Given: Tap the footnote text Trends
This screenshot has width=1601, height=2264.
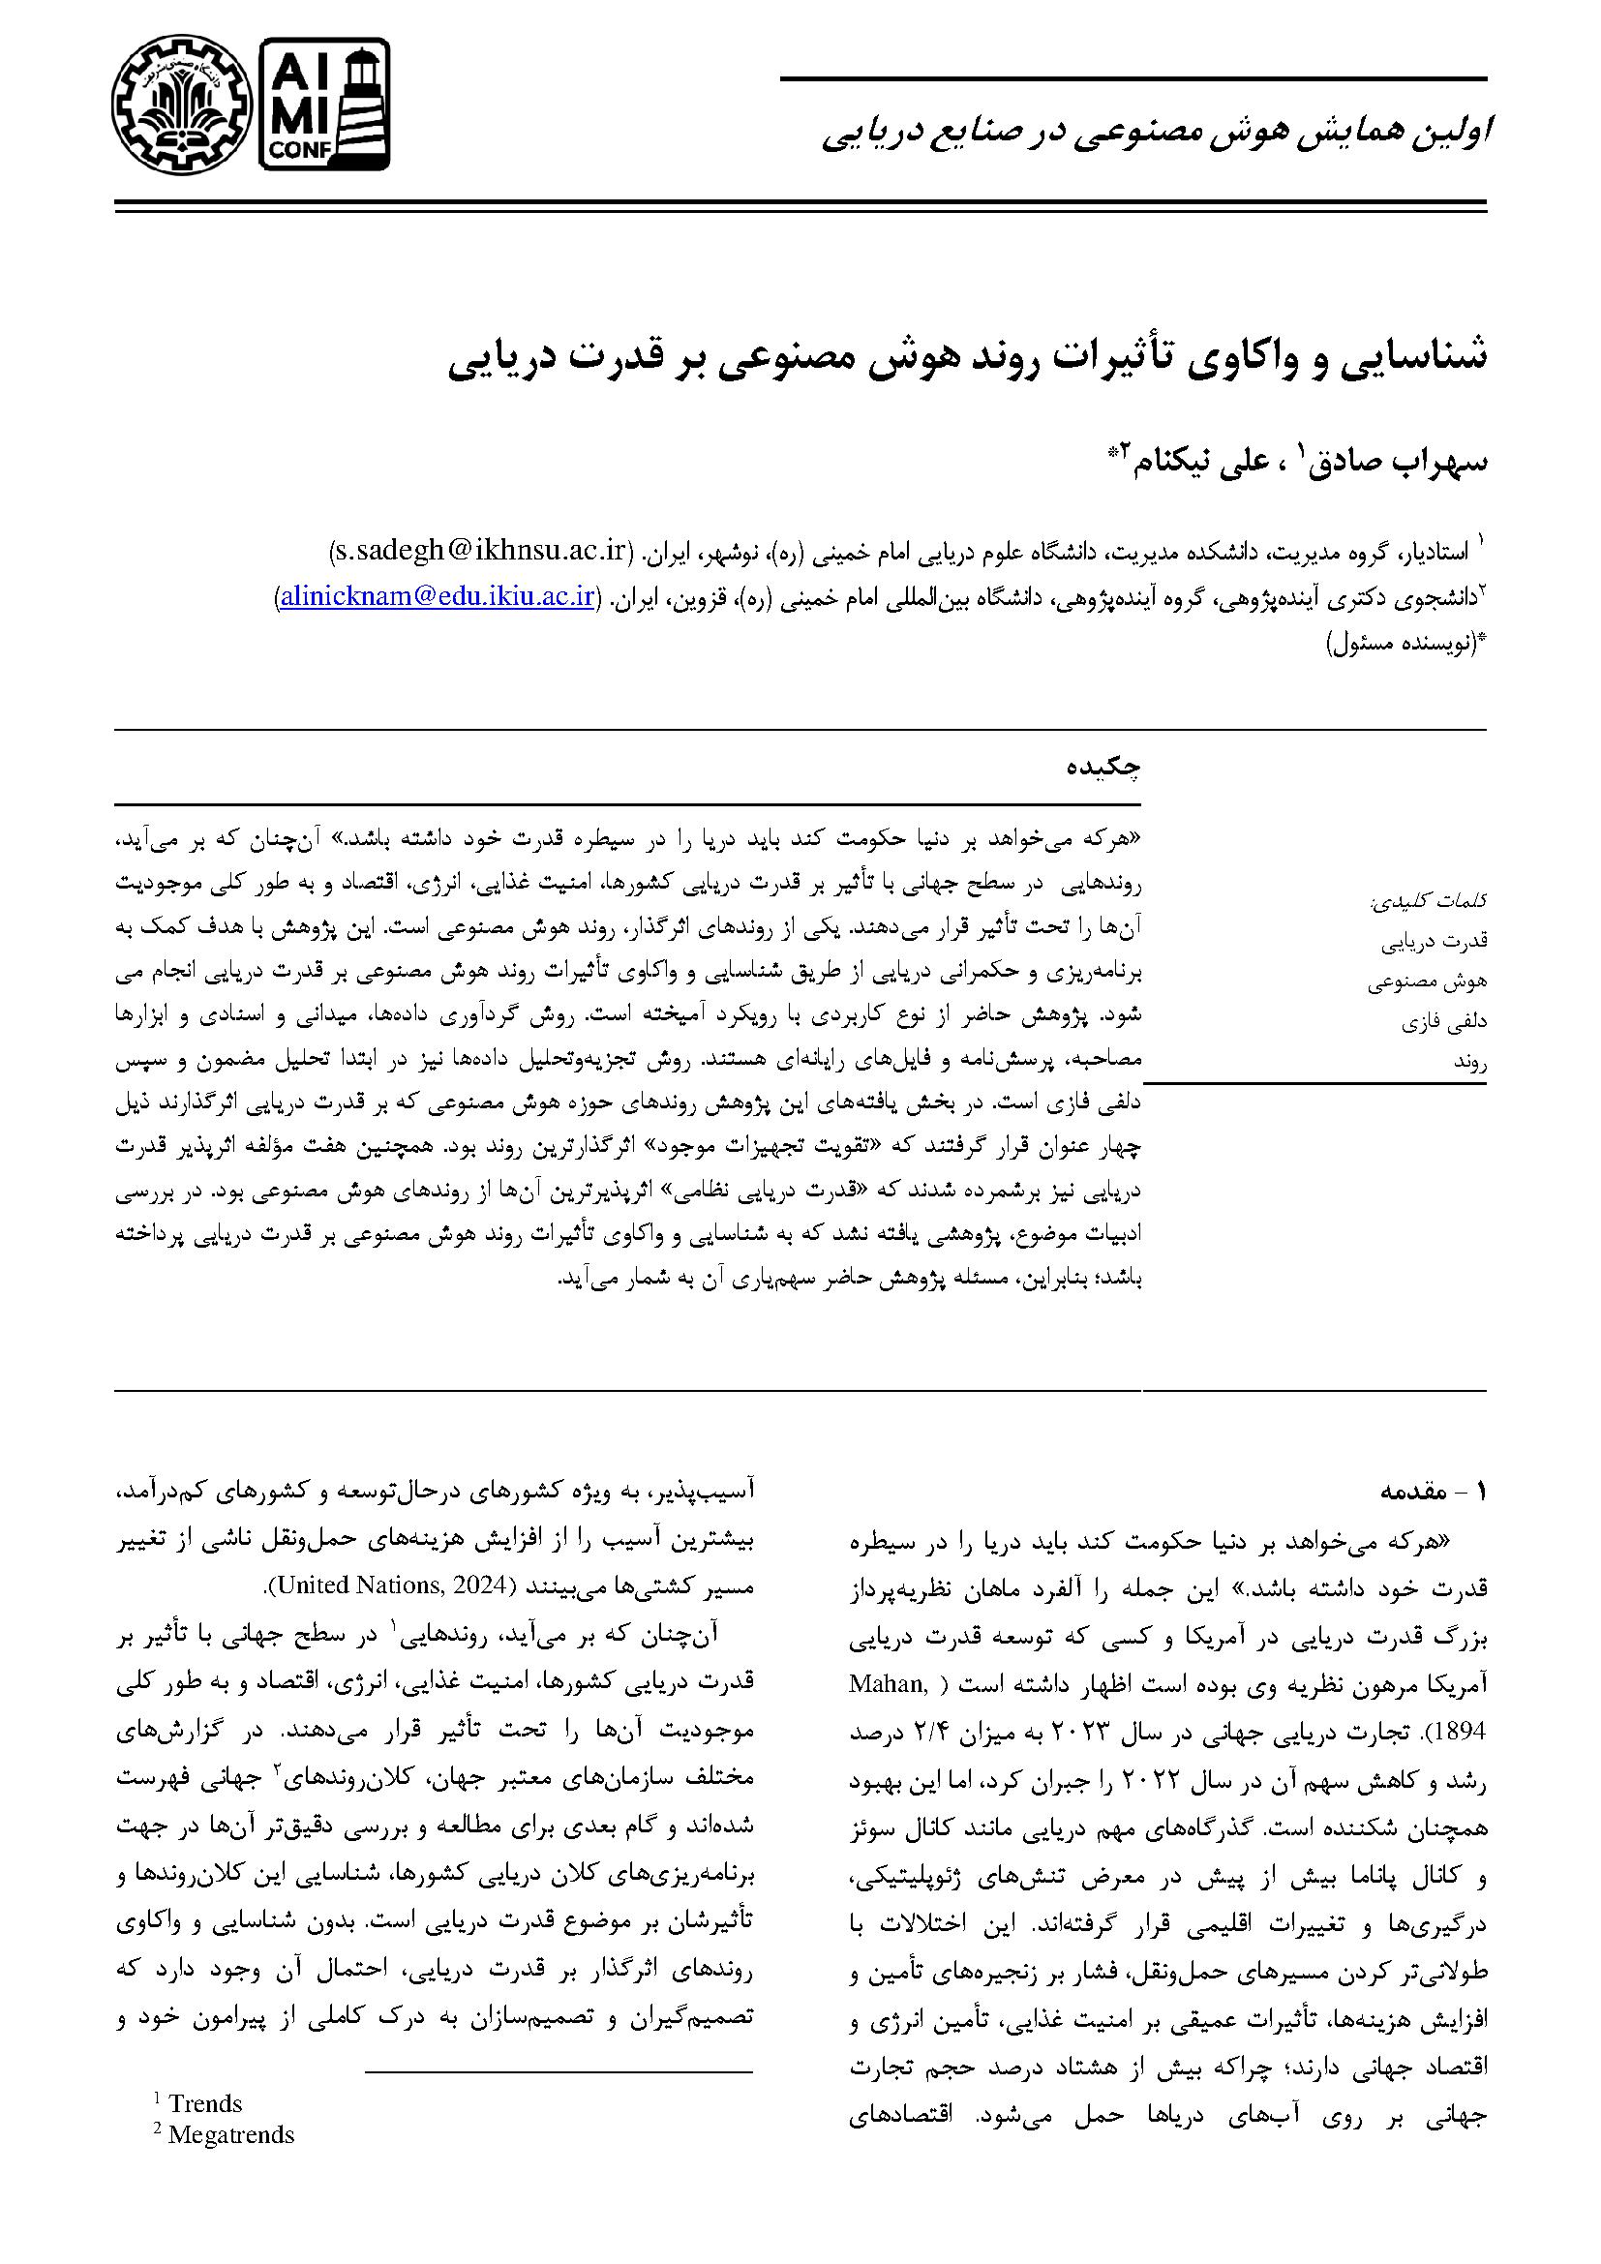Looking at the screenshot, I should pyautogui.click(x=205, y=2103).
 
